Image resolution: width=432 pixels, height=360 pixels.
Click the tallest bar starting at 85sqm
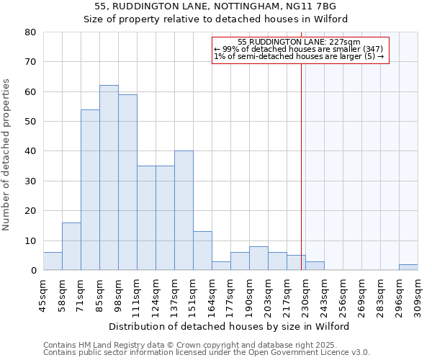[x=109, y=178]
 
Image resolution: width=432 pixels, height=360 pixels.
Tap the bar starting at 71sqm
[x=90, y=190]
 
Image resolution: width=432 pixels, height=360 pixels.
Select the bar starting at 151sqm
[x=202, y=251]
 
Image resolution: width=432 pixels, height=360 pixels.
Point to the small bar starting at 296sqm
[x=408, y=267]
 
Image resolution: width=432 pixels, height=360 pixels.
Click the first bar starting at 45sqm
[x=53, y=261]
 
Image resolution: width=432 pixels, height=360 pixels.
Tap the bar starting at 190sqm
[x=258, y=258]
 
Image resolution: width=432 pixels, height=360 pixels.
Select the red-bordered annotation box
[x=301, y=50]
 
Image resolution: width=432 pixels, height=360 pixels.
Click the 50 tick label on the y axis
[x=30, y=122]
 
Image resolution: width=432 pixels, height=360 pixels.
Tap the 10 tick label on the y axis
[x=30, y=241]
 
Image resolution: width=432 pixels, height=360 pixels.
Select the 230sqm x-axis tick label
[x=305, y=292]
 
